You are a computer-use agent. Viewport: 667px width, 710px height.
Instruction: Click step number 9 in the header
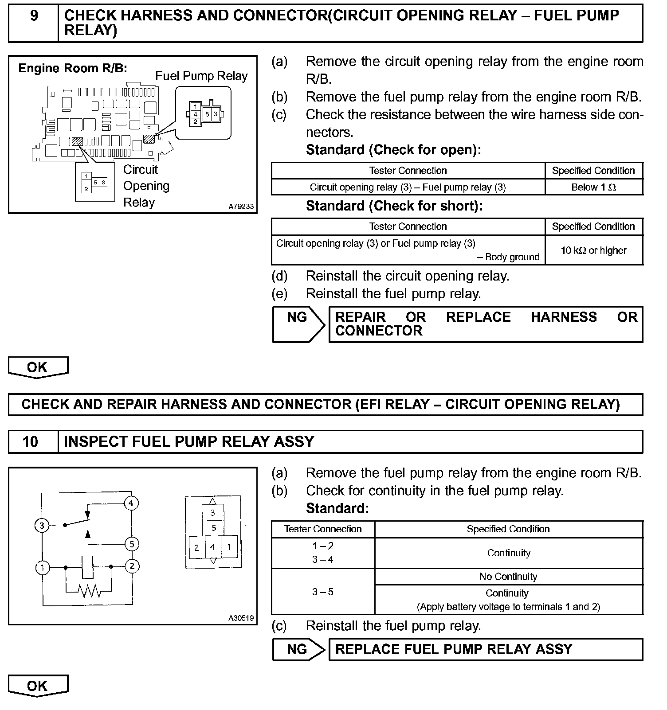point(34,16)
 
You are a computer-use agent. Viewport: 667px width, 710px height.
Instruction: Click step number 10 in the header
point(30,441)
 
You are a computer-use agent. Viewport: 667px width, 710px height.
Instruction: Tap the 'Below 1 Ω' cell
point(593,187)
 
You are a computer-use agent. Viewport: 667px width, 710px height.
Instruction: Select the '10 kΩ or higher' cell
point(593,250)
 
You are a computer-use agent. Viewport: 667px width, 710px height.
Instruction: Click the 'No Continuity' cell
point(508,577)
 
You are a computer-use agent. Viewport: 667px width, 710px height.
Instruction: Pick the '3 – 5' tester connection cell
point(323,592)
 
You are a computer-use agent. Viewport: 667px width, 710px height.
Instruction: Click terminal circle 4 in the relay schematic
point(131,503)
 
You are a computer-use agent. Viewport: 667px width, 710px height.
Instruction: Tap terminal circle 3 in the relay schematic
point(42,526)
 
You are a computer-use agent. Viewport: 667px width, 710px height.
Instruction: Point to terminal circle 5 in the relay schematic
point(131,544)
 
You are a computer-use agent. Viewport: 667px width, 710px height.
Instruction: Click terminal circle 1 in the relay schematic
point(43,567)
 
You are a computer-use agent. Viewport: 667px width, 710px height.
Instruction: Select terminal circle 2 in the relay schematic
point(132,566)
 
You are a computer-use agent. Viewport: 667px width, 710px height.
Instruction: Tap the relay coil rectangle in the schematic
point(88,567)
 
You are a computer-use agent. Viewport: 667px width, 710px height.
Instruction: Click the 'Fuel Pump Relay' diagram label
point(201,76)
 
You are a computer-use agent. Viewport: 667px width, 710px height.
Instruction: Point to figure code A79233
point(241,207)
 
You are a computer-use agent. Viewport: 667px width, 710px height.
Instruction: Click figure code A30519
point(241,618)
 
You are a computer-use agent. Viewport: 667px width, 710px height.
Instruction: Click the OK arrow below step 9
point(38,367)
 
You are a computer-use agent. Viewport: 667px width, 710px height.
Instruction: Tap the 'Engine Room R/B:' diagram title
point(73,68)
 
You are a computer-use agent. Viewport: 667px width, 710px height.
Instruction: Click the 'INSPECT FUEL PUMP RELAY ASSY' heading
point(189,441)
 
